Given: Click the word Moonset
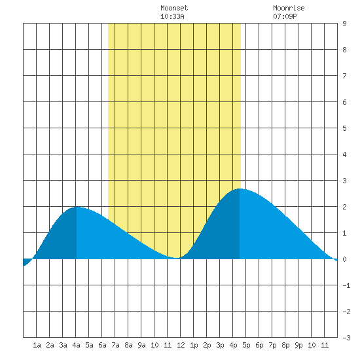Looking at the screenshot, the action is (x=174, y=8).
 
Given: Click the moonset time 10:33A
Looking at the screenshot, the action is (x=172, y=16).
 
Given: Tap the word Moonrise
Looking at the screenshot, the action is (x=289, y=8).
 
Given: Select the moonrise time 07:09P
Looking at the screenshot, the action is (x=285, y=16).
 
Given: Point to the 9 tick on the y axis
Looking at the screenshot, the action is (x=344, y=24).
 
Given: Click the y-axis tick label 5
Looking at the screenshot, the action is (x=344, y=128).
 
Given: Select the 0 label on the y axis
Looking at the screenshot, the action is (x=344, y=259).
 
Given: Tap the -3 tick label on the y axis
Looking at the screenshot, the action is (x=346, y=338).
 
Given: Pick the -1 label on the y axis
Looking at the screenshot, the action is (x=346, y=285).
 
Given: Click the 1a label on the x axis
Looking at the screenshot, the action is (x=37, y=345).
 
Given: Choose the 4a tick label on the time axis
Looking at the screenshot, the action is (x=76, y=345).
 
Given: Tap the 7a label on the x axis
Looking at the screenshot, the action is (x=115, y=345).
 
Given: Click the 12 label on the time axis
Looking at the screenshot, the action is (x=181, y=345).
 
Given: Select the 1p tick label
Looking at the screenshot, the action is (x=194, y=345).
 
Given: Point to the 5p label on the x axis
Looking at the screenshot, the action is (x=246, y=345).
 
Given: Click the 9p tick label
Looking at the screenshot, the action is (x=298, y=345).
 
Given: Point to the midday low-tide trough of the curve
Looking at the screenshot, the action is (x=177, y=258).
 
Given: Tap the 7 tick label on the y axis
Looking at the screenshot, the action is (x=344, y=76).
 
